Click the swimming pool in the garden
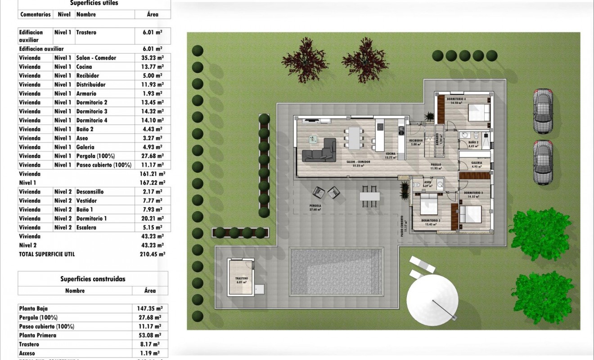tap(336, 271)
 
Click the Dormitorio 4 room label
tap(456, 99)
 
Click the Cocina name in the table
tap(84, 67)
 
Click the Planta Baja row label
tap(33, 309)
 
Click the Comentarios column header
tap(36, 14)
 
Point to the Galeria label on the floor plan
tap(477, 162)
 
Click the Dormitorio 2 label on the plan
tap(431, 220)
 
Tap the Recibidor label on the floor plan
tap(415, 140)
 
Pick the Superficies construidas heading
tap(93, 279)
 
